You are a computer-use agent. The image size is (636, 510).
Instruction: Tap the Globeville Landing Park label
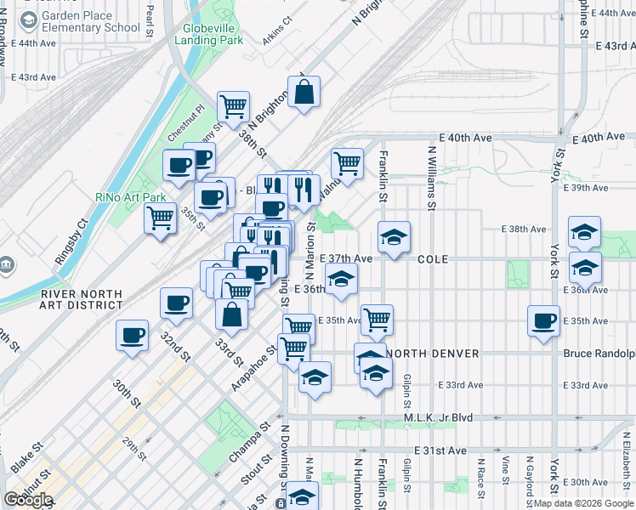coord(207,33)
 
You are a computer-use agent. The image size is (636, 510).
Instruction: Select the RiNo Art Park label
coord(130,197)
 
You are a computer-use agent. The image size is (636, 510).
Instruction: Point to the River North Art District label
coord(81,298)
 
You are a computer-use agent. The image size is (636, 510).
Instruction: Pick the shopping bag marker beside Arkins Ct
coord(304,93)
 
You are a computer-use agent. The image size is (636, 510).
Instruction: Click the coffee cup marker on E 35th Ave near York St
coord(543,320)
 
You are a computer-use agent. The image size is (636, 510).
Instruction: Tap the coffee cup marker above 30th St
coord(133,336)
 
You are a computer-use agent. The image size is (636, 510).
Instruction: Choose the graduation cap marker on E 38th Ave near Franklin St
coord(394,238)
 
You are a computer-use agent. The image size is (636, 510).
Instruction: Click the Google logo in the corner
coord(28,500)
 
